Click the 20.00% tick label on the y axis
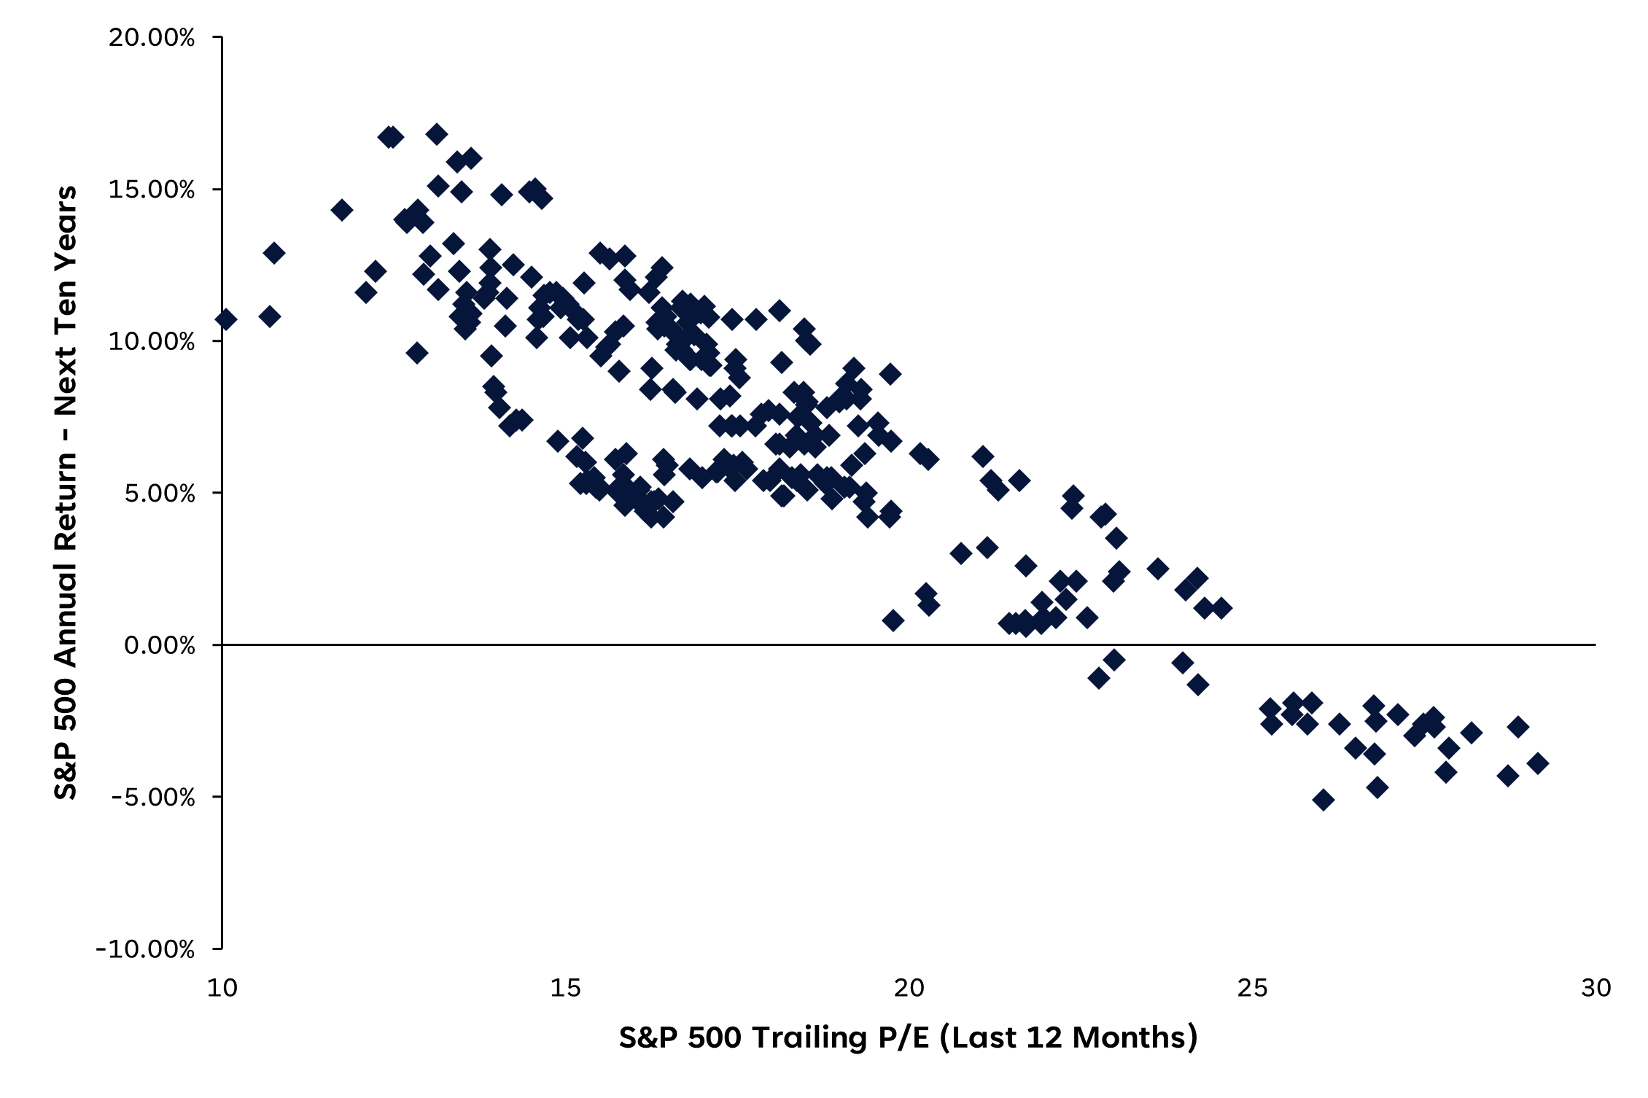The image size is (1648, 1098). [x=152, y=37]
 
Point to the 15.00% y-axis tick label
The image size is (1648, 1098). [x=152, y=190]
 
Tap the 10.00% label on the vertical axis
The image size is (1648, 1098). [x=152, y=341]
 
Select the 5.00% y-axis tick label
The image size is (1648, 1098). [x=159, y=494]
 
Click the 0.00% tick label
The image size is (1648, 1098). [x=159, y=645]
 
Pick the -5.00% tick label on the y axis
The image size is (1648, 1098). [x=152, y=797]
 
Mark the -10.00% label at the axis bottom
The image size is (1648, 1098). [x=145, y=949]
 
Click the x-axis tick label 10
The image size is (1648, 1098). [x=222, y=988]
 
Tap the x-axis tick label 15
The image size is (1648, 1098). [x=565, y=988]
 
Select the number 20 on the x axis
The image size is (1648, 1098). [x=909, y=988]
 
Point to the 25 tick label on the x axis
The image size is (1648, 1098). [x=1252, y=988]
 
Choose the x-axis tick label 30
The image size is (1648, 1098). [x=1595, y=988]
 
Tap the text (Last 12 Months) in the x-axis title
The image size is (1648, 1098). [x=1068, y=1037]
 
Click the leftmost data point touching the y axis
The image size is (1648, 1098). [x=225, y=319]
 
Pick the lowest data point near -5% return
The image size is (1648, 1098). [x=1323, y=800]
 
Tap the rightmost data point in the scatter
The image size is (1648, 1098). [x=1537, y=763]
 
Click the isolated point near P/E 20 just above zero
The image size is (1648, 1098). [x=893, y=620]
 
